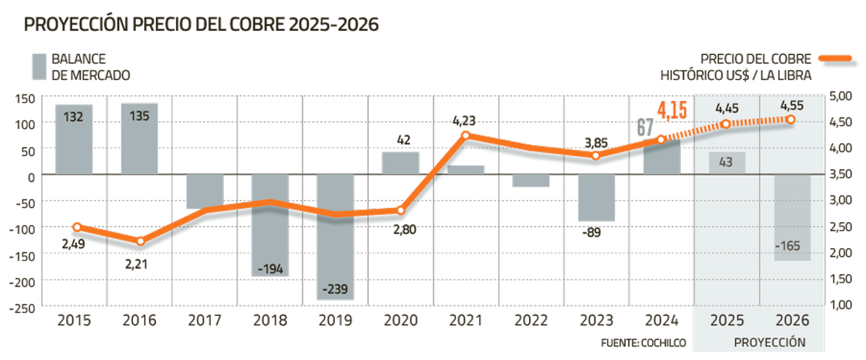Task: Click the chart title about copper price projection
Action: point(202,25)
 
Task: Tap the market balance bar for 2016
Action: point(139,138)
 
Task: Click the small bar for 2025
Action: point(726,163)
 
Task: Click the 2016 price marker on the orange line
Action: point(140,241)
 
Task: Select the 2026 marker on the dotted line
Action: point(791,119)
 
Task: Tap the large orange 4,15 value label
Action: point(672,111)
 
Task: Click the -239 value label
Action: point(335,290)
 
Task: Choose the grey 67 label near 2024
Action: point(644,128)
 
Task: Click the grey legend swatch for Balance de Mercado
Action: point(39,66)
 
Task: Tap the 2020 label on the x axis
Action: point(400,320)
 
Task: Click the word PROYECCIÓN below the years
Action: point(769,342)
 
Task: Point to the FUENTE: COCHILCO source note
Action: point(643,342)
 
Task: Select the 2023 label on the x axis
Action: point(595,320)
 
